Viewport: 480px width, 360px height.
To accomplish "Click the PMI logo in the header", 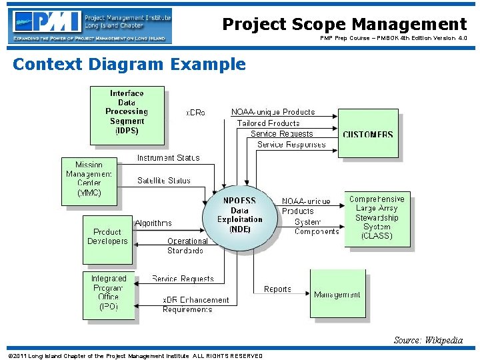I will pos(90,25).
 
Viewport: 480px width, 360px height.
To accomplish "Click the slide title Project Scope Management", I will pos(344,25).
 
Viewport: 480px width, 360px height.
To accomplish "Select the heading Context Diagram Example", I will pos(129,65).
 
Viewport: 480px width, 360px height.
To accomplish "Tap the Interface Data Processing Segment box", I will pos(127,115).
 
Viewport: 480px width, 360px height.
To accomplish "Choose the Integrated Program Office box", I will pos(108,294).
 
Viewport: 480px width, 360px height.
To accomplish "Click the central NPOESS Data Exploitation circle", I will pos(240,215).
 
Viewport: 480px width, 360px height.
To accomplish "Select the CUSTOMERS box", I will pos(368,134).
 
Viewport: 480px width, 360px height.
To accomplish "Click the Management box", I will pos(337,294).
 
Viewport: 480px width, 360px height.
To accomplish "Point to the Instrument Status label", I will pos(168,158).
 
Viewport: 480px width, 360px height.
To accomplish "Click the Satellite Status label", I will pos(164,180).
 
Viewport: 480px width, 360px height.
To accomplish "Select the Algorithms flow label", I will pos(153,223).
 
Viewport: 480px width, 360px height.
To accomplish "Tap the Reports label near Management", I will pos(277,289).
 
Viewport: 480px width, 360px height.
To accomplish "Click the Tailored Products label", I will pos(269,123).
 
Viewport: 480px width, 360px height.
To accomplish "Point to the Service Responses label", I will pos(291,145).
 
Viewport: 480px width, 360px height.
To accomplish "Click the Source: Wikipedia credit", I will pos(428,340).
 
